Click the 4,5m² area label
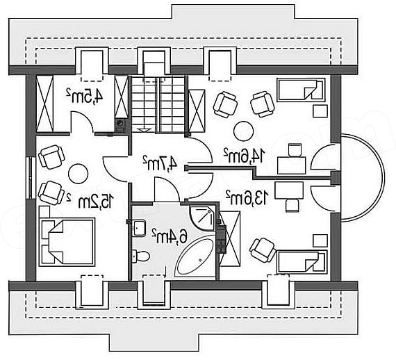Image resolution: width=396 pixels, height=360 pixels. (x=85, y=96)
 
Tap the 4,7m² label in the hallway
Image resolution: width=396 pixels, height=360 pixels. (x=160, y=163)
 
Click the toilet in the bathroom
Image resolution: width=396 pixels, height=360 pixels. (x=141, y=256)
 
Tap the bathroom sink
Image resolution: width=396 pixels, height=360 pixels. (x=139, y=228)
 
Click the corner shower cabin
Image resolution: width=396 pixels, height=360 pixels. (x=202, y=218)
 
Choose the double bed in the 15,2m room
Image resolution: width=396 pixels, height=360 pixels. (x=67, y=242)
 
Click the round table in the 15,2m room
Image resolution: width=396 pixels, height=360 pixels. (x=79, y=174)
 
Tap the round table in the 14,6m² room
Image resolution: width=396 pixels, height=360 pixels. (x=243, y=131)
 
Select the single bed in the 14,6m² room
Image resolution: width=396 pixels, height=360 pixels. (x=301, y=90)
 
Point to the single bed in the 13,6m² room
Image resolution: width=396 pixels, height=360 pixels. (x=302, y=262)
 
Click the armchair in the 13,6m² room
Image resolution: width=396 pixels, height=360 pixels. (x=263, y=249)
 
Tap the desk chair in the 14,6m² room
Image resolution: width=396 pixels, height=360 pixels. (x=295, y=149)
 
